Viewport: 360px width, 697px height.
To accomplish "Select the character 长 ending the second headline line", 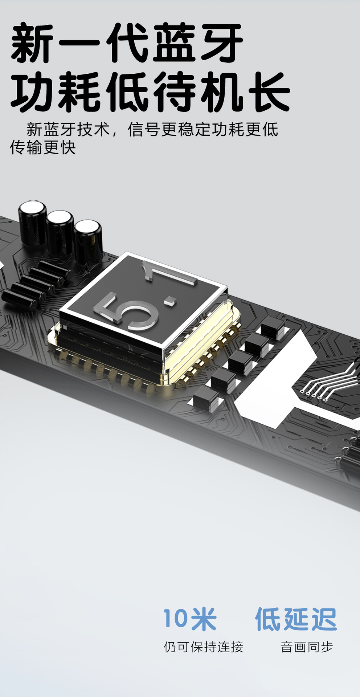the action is tap(269, 91).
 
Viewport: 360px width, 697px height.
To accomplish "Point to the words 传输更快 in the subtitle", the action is tap(43, 147).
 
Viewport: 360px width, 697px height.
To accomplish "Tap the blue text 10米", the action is tap(190, 619).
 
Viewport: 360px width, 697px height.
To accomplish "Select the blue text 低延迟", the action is tap(296, 619).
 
